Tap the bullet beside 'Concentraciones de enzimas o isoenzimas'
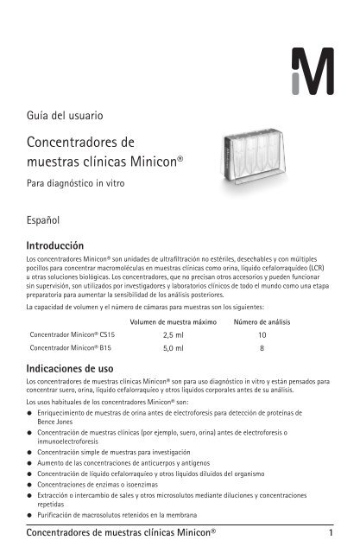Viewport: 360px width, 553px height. (x=31, y=486)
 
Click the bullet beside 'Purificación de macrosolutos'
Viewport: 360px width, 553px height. (x=31, y=514)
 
